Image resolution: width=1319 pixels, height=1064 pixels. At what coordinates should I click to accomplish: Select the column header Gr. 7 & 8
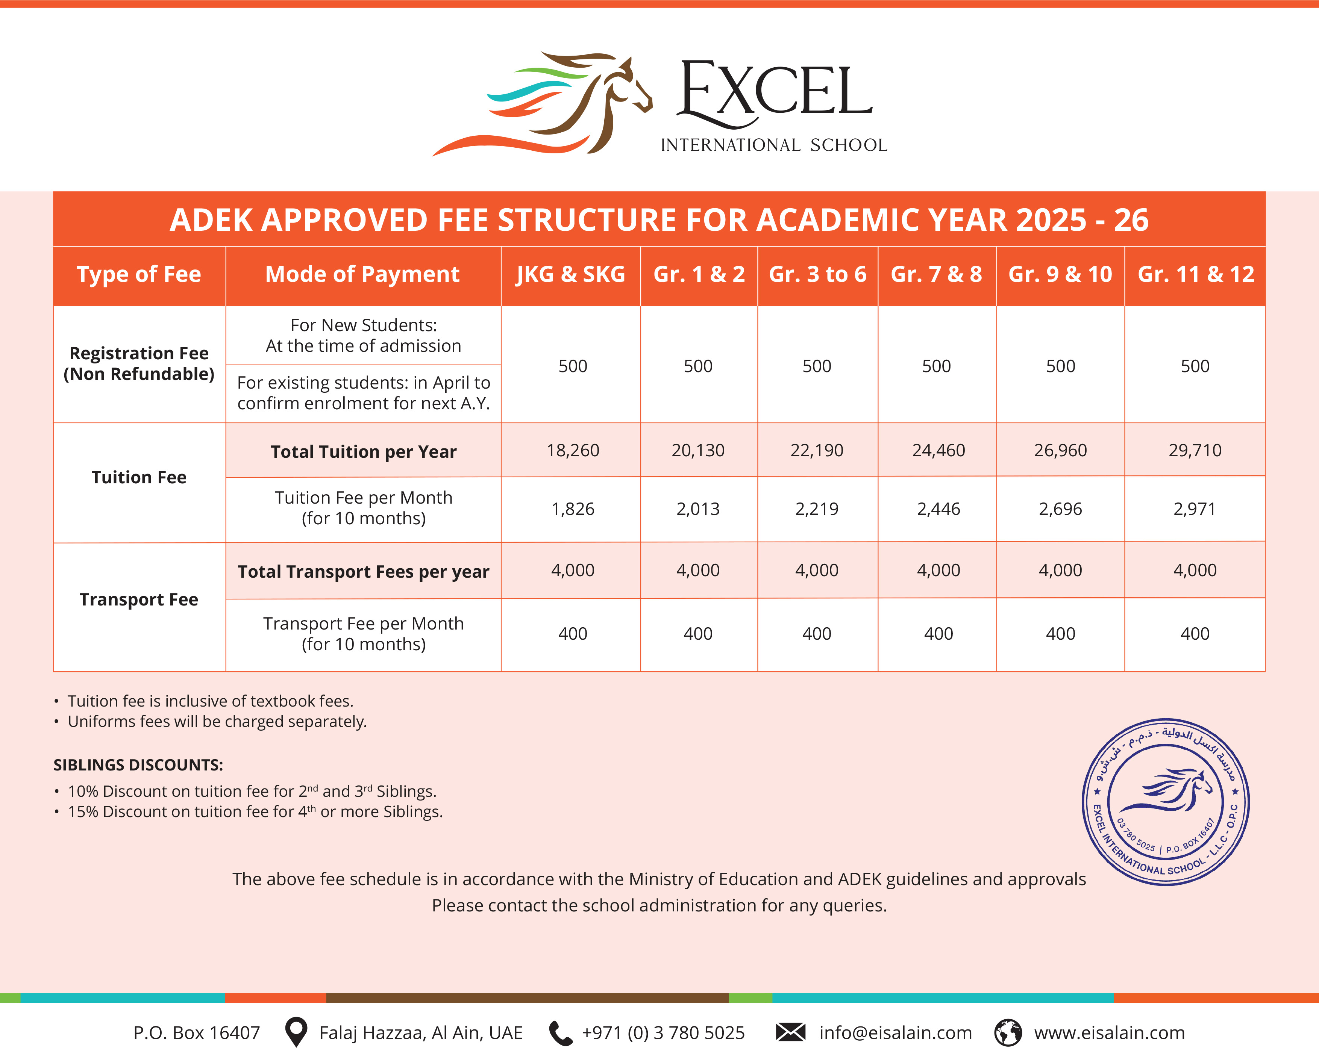[x=936, y=275]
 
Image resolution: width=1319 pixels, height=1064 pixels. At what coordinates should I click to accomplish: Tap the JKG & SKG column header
[x=570, y=275]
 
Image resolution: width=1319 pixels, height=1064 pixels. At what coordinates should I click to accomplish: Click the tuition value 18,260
[x=573, y=451]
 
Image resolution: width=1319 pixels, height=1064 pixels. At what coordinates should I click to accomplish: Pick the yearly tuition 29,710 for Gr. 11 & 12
[x=1195, y=451]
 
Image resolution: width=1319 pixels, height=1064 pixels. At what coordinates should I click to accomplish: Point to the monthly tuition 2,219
[x=816, y=509]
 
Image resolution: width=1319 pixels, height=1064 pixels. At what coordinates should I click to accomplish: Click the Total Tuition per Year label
[x=364, y=452]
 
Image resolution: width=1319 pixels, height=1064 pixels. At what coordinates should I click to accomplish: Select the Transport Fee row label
[x=139, y=599]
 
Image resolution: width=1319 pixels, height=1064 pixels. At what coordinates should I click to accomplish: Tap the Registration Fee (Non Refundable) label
[x=139, y=363]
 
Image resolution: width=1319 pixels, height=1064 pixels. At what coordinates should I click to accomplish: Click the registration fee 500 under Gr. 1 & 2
[x=698, y=366]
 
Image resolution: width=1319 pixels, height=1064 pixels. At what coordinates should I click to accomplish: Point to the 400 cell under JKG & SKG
[x=573, y=634]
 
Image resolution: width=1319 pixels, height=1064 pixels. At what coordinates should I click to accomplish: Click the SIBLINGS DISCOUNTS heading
[x=138, y=765]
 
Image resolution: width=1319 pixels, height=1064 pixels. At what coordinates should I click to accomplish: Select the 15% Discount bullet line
[x=255, y=811]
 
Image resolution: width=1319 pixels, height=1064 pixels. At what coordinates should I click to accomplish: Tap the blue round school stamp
[x=1165, y=802]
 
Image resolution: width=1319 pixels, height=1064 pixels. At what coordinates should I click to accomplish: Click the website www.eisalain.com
[x=1109, y=1033]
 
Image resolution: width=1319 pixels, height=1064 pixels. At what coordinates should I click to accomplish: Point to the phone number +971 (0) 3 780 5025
[x=663, y=1033]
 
